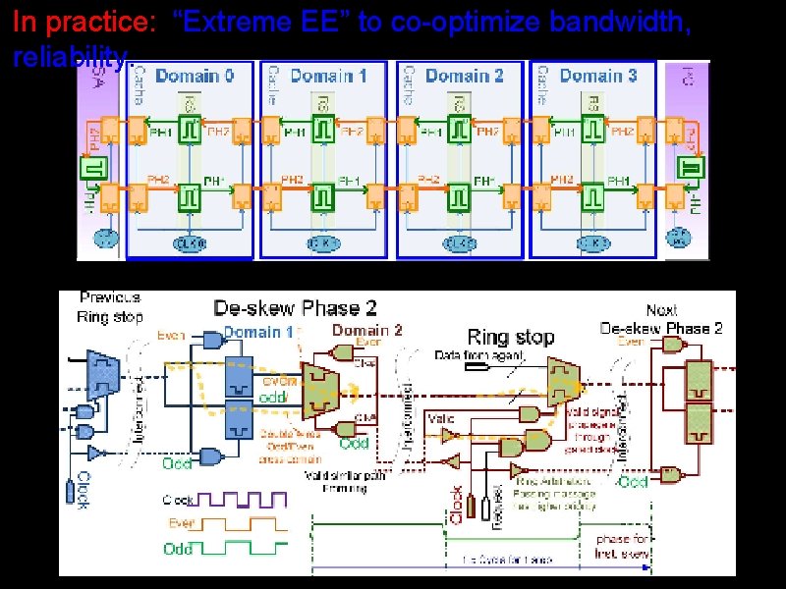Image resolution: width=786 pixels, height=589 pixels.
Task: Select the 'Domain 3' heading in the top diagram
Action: [x=599, y=76]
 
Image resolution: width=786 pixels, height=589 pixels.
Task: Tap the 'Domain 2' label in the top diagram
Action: [x=465, y=76]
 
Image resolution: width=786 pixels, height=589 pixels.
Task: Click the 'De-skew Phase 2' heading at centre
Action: [x=296, y=308]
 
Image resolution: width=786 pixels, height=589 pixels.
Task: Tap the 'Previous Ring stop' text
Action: [x=111, y=306]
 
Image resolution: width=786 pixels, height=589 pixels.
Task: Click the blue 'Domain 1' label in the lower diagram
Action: [x=258, y=332]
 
